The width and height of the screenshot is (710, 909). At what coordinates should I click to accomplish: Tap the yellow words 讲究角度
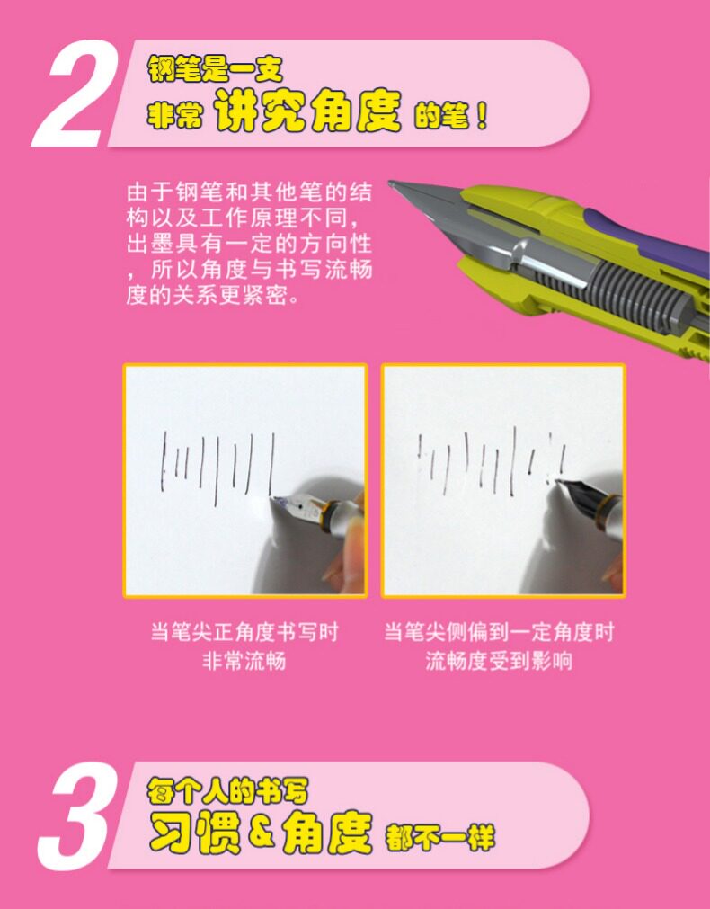(x=307, y=111)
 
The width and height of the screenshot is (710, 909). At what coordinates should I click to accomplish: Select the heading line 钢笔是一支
(x=215, y=68)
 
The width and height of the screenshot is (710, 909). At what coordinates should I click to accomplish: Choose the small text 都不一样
(x=439, y=837)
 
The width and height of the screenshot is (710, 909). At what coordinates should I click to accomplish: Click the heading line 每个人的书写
(x=226, y=790)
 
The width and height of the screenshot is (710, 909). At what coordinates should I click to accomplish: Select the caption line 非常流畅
(x=244, y=661)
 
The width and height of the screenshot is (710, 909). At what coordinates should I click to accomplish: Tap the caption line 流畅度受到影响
(x=499, y=661)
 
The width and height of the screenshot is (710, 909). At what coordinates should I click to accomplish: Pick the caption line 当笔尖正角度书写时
(x=244, y=631)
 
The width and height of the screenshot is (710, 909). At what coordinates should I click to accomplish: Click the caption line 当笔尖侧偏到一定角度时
(x=499, y=631)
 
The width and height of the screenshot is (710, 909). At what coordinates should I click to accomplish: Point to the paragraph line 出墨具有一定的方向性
(x=249, y=244)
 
